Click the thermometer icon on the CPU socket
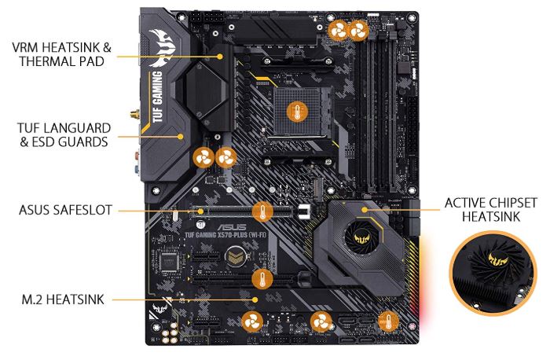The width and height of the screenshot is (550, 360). (295, 112)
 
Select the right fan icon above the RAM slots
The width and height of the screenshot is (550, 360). (358, 31)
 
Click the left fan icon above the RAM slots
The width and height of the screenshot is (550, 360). (338, 31)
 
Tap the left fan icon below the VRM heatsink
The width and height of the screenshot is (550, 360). (203, 156)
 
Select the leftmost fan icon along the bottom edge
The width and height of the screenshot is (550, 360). (252, 321)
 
